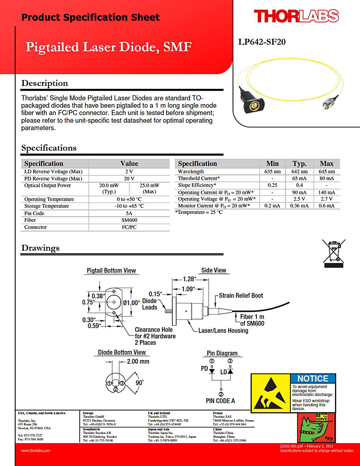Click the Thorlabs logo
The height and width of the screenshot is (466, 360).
pos(296,16)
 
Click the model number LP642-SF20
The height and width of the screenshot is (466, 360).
pos(262,42)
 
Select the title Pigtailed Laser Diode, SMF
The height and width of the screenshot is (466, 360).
pos(108,47)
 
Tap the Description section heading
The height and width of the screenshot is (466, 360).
pos(44,84)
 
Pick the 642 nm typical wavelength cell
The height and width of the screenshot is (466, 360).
pos(299,171)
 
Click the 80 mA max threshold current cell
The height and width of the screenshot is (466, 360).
pos(327,178)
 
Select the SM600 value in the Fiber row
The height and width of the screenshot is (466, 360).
pos(129,220)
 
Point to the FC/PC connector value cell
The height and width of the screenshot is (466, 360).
pos(129,227)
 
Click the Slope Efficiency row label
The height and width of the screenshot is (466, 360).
pos(197,185)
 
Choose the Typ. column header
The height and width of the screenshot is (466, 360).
pos(299,163)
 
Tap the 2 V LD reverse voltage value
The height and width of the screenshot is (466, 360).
pos(129,171)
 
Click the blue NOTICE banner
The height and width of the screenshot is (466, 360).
pos(313,379)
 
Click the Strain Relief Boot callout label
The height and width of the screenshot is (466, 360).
pos(241,296)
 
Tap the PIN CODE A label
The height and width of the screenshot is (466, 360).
pos(220,401)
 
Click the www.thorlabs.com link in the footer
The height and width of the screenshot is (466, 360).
pos(36,450)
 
